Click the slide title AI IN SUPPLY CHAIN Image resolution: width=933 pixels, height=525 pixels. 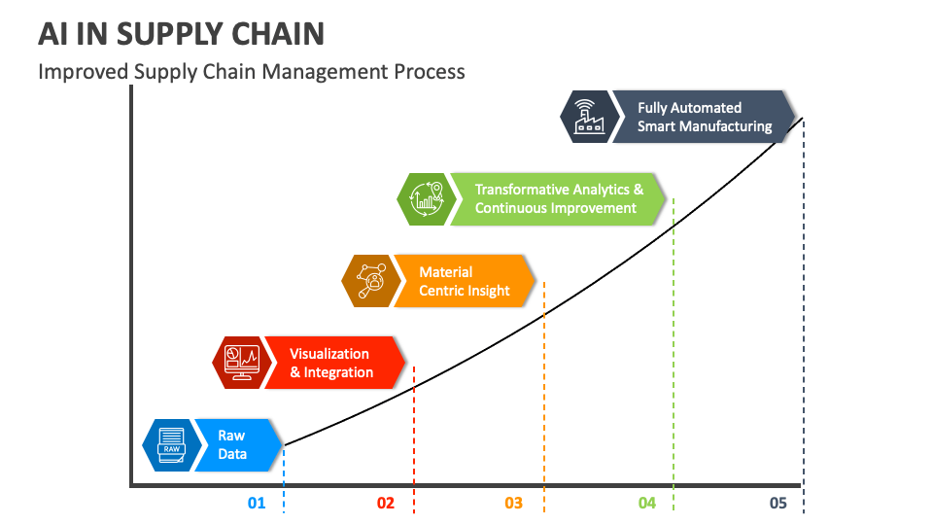181,33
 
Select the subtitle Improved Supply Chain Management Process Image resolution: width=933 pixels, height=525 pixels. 251,72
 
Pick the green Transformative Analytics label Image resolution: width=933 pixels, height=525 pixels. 557,199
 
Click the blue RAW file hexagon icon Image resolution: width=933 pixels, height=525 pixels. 170,445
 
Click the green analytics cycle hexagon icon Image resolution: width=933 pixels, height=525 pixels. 425,199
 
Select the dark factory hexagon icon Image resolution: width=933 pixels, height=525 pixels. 586,117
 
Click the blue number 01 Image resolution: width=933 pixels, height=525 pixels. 257,503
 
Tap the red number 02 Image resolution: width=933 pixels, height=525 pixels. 386,503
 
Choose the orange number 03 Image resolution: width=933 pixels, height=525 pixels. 514,503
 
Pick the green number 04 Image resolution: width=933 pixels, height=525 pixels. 647,503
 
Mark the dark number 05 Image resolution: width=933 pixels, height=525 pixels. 777,503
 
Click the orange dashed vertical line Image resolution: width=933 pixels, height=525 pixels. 544,408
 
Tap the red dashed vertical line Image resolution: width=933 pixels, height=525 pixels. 414,447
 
